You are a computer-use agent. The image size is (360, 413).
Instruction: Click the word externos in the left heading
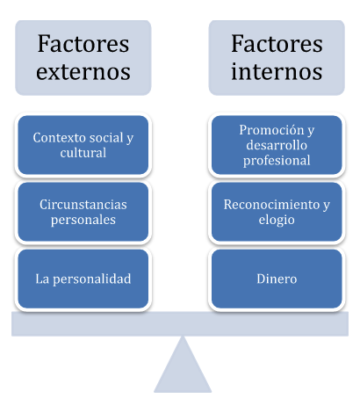[x=83, y=72]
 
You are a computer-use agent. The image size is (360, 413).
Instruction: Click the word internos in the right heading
[x=277, y=71]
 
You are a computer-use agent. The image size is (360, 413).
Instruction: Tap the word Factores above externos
[x=83, y=44]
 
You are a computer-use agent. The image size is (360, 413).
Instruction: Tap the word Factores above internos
[x=277, y=44]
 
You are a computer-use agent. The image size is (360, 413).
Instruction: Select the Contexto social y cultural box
[x=83, y=145]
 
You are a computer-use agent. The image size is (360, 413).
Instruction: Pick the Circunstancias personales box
[x=83, y=212]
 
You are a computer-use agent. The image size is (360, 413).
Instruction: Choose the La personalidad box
[x=83, y=279]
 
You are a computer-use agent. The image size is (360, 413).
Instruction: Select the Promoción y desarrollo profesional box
[x=277, y=145]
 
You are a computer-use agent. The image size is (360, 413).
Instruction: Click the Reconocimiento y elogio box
[x=277, y=212]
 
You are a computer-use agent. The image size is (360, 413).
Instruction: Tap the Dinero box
[x=277, y=279]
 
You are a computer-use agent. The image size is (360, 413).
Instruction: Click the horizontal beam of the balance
[x=180, y=323]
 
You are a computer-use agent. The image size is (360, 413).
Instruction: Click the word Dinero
[x=277, y=279]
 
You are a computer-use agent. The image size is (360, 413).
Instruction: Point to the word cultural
[x=83, y=153]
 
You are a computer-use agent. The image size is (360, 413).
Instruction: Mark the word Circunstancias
[x=83, y=205]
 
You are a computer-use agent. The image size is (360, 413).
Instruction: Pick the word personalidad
[x=92, y=279]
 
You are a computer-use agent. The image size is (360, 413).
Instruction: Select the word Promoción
[x=271, y=130]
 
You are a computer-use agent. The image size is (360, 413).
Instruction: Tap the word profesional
[x=277, y=161]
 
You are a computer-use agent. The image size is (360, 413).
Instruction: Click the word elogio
[x=277, y=221]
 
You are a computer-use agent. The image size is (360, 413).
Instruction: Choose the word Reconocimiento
[x=271, y=205]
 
